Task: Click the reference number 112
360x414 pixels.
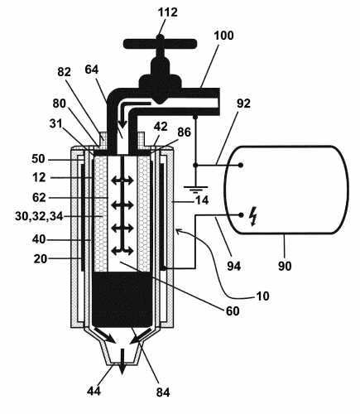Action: coord(167,12)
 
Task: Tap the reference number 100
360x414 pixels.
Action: coord(223,36)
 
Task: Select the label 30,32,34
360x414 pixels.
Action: coord(39,216)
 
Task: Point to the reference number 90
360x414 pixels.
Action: coord(285,266)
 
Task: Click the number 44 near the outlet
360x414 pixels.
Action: coord(94,391)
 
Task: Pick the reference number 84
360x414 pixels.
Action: coord(163,392)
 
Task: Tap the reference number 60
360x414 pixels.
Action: coord(233,310)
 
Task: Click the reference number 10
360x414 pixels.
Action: coord(262,296)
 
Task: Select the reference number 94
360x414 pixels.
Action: coord(234,266)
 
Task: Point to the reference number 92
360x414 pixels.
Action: coord(243,103)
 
